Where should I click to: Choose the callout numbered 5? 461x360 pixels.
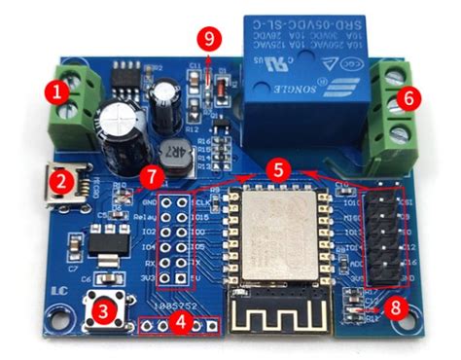(x=279, y=168)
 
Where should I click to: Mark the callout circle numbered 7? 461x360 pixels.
(x=150, y=177)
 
